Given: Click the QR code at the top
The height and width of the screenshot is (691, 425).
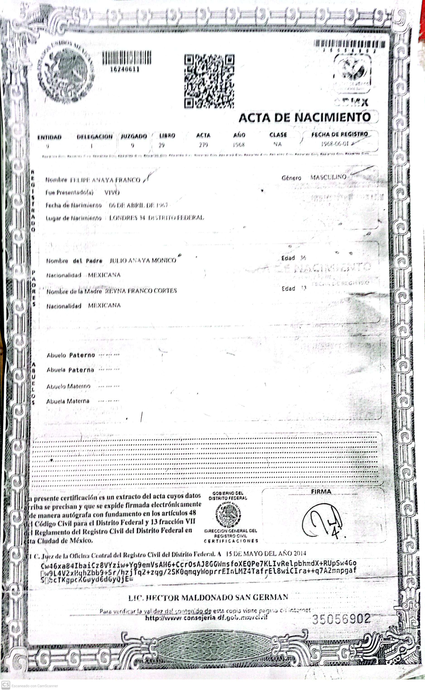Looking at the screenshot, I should [209, 81].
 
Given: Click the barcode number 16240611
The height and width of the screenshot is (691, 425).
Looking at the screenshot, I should [125, 69].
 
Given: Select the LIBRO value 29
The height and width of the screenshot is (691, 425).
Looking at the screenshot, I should [161, 145].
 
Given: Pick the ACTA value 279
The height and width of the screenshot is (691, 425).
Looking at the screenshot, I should [203, 145].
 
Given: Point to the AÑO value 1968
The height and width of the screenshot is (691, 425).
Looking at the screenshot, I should [239, 145].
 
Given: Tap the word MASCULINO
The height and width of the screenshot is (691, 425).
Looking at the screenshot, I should [328, 177].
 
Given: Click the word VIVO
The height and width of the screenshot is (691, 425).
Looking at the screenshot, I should [112, 193].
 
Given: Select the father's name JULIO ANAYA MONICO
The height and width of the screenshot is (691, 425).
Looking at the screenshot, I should [143, 260].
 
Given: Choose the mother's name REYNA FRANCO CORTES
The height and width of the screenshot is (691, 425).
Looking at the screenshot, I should [141, 291].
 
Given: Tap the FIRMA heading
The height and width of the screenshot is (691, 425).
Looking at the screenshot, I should [321, 491].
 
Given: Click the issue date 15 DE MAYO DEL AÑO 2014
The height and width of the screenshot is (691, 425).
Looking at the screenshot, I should [266, 554].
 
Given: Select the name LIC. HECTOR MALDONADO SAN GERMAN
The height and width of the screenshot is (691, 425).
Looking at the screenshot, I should [208, 597].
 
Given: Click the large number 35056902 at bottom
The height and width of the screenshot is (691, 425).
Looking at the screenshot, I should [341, 619].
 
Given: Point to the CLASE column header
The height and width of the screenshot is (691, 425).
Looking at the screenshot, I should [278, 135].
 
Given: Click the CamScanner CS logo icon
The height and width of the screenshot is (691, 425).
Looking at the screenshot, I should [6, 685].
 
